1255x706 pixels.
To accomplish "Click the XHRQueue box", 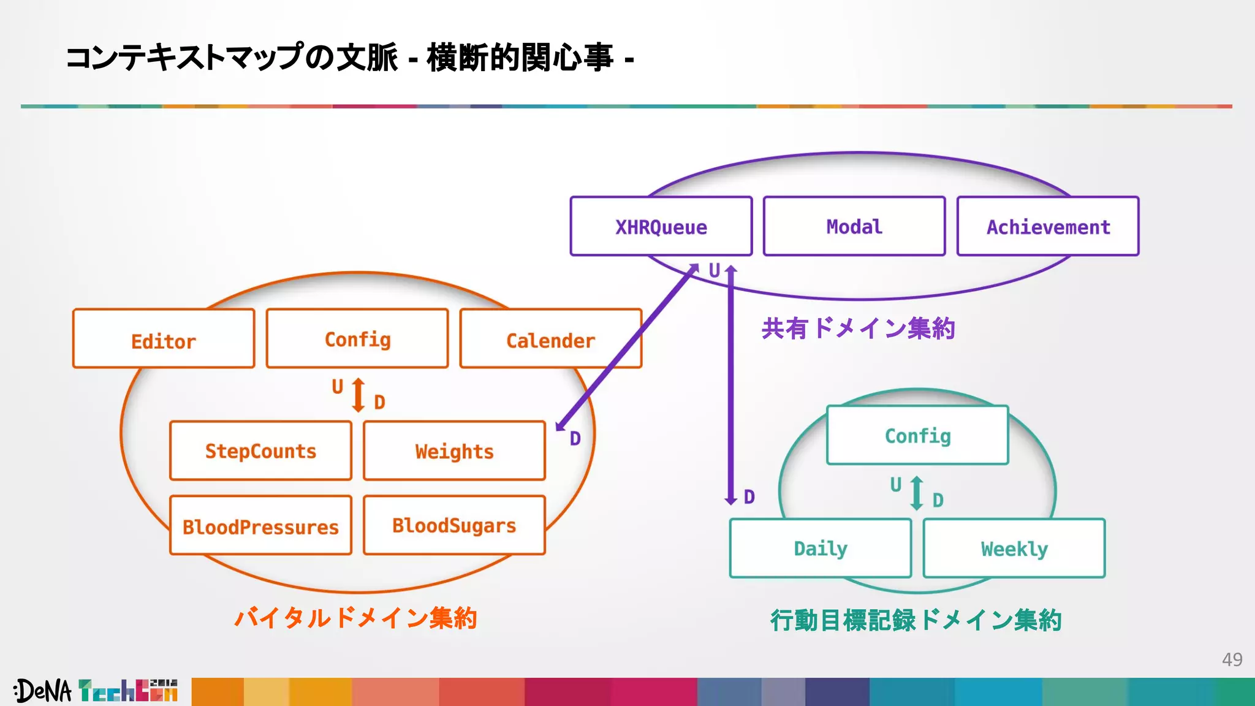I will coord(661,226).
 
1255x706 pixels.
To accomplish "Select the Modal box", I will coord(854,226).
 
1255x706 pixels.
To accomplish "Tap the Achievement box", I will coord(1048,226).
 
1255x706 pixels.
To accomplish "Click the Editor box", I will coord(164,339).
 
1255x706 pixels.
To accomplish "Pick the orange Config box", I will coord(357,339).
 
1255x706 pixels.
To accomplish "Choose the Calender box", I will coord(550,339).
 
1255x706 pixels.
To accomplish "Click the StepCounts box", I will coord(260,450).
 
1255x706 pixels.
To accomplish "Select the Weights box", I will coord(454,450).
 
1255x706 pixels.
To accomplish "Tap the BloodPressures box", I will coord(260,525).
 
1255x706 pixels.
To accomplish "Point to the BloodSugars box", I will coord(454,525).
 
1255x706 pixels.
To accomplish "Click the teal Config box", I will coord(917,435).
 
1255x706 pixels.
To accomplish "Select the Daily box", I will coord(821,548).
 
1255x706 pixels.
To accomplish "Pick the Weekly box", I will coord(1014,548).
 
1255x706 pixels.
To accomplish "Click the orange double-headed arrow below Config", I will coord(359,395).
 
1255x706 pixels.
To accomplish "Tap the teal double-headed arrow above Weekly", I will coord(917,493).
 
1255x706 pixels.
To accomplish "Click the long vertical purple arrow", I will coord(730,386).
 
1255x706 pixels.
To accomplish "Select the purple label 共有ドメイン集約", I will coord(858,328).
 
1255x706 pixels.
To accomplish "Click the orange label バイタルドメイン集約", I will coord(355,618).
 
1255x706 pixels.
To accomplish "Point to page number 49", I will coord(1232,659).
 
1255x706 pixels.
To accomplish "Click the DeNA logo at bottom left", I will coord(43,691).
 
